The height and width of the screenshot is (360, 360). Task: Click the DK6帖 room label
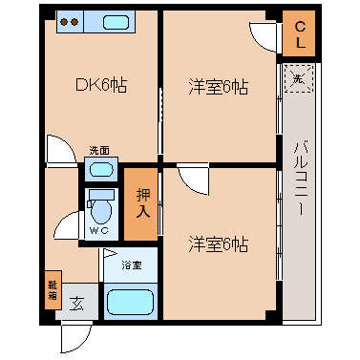point(101,85)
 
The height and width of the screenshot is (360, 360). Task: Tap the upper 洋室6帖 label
point(219,87)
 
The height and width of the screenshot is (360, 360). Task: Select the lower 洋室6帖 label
point(219,244)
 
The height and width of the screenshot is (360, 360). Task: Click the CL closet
point(299,33)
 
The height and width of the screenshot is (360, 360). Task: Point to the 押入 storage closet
point(141,204)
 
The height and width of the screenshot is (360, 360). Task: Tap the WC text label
point(98,231)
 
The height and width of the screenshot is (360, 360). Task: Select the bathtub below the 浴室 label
point(131,302)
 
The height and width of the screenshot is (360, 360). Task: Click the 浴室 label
point(131,265)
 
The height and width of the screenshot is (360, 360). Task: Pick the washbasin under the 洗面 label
point(101,169)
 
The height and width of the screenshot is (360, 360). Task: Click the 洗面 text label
point(99,150)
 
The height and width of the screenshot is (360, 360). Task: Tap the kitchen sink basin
point(116,22)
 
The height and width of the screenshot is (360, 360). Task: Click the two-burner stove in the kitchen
point(70,22)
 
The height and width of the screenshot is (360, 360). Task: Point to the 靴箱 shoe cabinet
point(53,290)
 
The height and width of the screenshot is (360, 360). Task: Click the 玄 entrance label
point(77,304)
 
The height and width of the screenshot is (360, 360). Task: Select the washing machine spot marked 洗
point(299,78)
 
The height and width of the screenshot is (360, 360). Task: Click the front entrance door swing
point(75,338)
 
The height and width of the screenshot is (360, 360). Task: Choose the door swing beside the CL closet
point(263,36)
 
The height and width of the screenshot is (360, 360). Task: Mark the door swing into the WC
point(67,225)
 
